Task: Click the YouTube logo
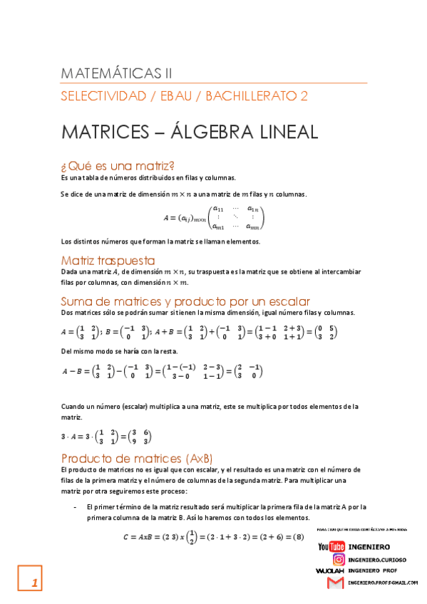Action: click(x=331, y=546)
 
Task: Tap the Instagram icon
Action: click(x=339, y=560)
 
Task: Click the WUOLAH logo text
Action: click(x=329, y=571)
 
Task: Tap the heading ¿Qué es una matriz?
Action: click(x=118, y=166)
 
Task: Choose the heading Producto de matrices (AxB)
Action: click(x=137, y=457)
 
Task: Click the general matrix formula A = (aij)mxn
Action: click(x=214, y=217)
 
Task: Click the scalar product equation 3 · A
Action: click(x=106, y=437)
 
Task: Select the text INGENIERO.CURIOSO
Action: click(x=377, y=560)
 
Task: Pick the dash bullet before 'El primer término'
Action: click(x=76, y=506)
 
